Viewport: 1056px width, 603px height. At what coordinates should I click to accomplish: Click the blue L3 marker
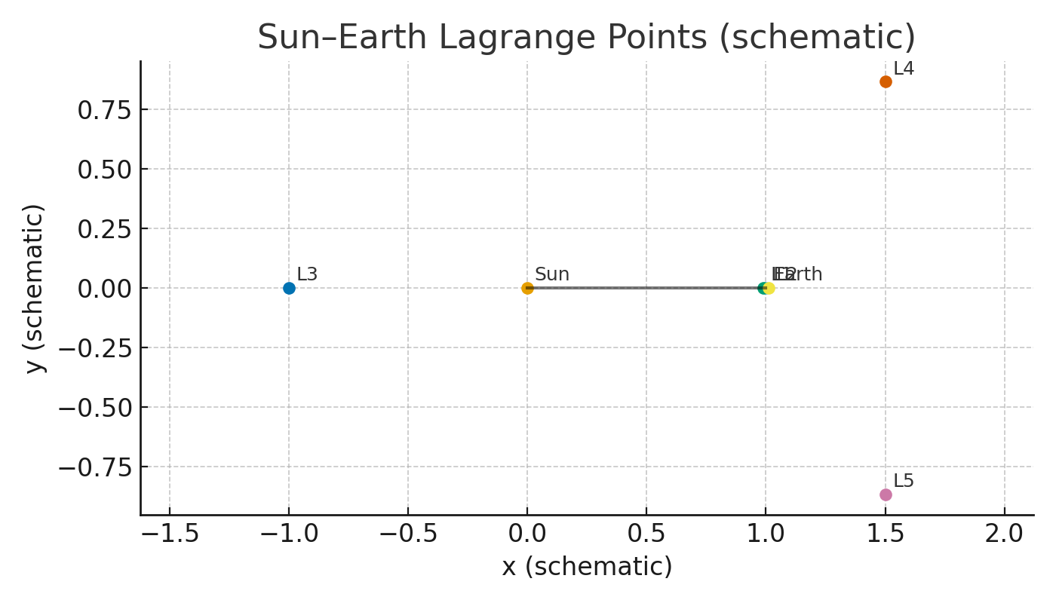point(289,288)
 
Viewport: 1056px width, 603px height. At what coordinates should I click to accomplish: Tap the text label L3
point(307,275)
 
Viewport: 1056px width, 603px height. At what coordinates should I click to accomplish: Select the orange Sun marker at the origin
point(527,288)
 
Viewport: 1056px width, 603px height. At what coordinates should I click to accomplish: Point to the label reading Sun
point(551,275)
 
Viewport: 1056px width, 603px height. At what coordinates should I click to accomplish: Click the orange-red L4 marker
point(886,81)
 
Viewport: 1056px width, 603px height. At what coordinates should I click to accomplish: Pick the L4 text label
point(904,69)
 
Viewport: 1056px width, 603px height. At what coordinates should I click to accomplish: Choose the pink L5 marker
point(886,494)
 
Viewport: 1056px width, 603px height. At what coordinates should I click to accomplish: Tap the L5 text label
point(904,482)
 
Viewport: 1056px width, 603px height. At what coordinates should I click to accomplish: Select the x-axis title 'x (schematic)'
point(587,567)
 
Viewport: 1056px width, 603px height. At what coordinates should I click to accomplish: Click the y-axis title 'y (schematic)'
point(35,288)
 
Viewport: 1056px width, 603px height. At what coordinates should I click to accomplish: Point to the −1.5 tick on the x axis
point(170,534)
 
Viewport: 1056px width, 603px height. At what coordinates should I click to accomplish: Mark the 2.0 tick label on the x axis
point(1004,534)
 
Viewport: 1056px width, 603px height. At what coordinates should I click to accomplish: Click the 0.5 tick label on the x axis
point(646,534)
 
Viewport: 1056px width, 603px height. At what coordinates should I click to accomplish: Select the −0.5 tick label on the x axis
point(408,534)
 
